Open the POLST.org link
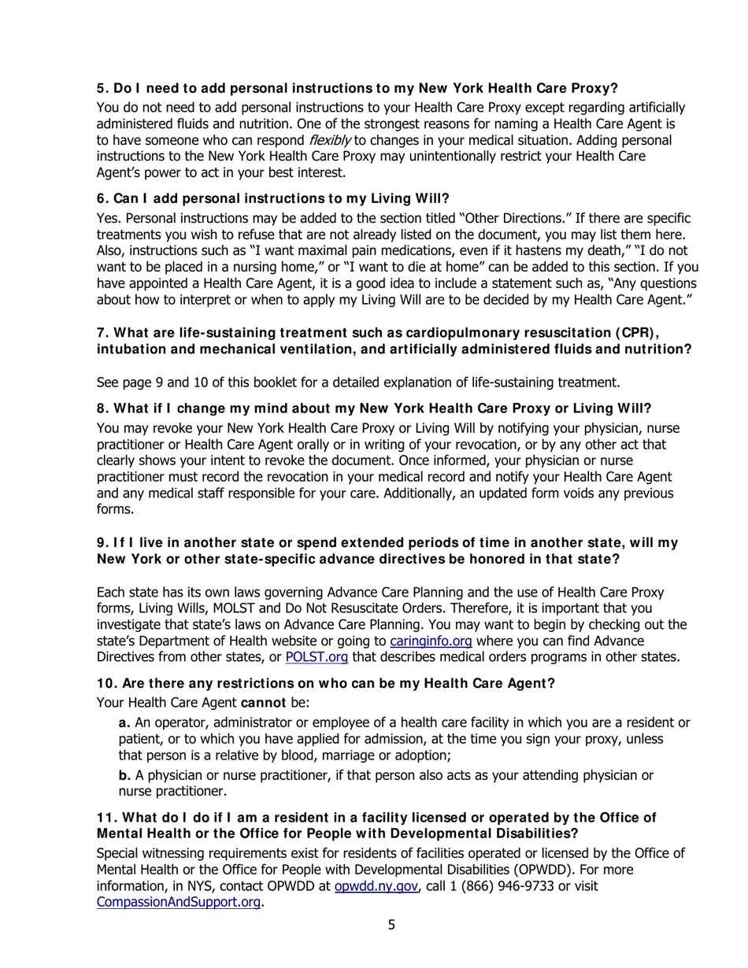click(x=316, y=656)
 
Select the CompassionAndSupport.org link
click(x=178, y=902)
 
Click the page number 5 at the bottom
click(x=391, y=925)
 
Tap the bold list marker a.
click(x=124, y=722)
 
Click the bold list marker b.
click(x=124, y=776)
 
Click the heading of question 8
click(x=373, y=408)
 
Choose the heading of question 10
click(x=325, y=683)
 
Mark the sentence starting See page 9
click(x=357, y=382)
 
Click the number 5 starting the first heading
click(x=101, y=88)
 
